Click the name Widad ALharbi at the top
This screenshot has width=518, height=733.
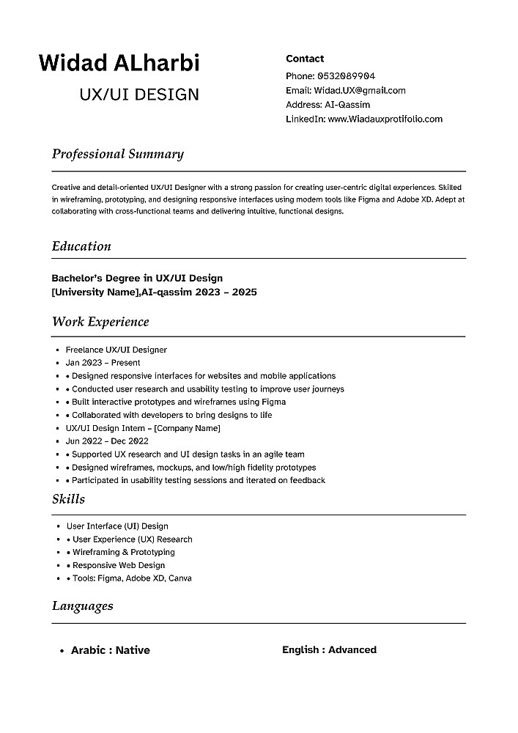[x=119, y=63]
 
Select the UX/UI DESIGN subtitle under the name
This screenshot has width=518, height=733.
[x=139, y=95]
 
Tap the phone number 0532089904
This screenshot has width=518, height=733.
[x=346, y=76]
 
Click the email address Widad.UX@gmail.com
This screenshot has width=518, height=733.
[x=360, y=91]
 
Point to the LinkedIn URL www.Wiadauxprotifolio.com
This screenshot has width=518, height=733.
[x=385, y=119]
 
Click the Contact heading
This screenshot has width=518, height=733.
[x=305, y=59]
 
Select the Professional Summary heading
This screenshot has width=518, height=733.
[x=117, y=154]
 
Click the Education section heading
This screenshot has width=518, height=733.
[x=81, y=246]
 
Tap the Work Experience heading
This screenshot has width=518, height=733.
[x=100, y=322]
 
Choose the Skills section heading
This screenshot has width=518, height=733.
[x=68, y=499]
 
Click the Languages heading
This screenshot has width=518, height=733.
[x=82, y=605]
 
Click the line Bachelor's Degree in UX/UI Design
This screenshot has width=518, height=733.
[x=137, y=278]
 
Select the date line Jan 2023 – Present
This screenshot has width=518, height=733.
[x=103, y=363]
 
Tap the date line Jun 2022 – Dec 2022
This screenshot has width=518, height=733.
[x=107, y=441]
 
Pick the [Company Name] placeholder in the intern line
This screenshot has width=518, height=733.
[x=187, y=428]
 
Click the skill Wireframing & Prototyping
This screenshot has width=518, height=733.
[x=123, y=552]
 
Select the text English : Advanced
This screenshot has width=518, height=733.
[x=329, y=649]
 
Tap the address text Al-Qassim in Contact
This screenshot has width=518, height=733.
[x=347, y=105]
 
